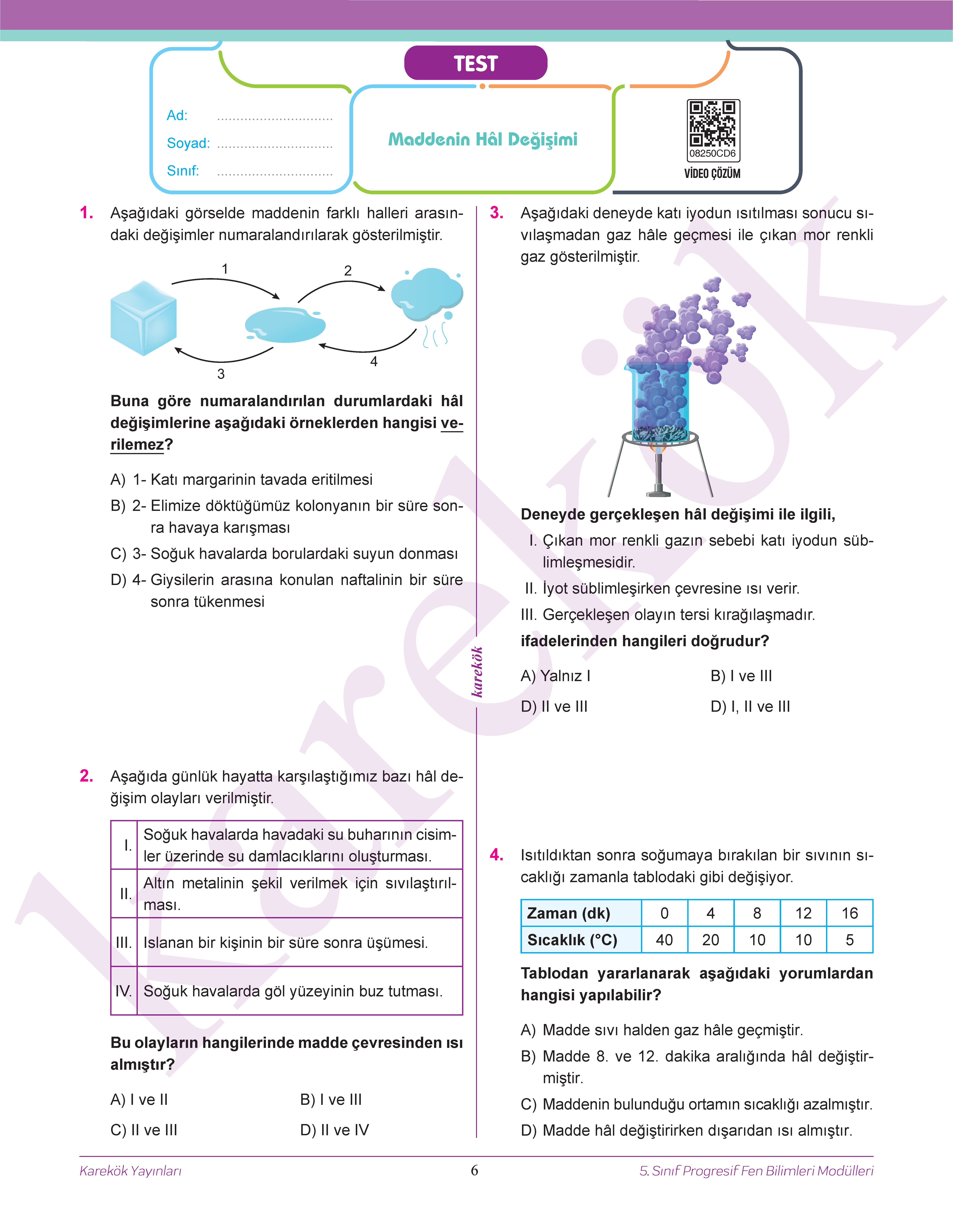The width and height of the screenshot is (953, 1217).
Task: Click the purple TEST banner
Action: click(475, 63)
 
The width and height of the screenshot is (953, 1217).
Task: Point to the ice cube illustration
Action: click(143, 318)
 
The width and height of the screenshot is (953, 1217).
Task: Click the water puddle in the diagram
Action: click(285, 325)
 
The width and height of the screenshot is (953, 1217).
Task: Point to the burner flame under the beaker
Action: click(658, 448)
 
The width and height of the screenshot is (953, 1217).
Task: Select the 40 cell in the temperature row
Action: click(664, 940)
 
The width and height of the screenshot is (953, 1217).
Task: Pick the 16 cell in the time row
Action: click(849, 913)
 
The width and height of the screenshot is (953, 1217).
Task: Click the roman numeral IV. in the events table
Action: click(123, 991)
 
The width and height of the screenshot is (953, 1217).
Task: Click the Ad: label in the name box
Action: click(177, 116)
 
